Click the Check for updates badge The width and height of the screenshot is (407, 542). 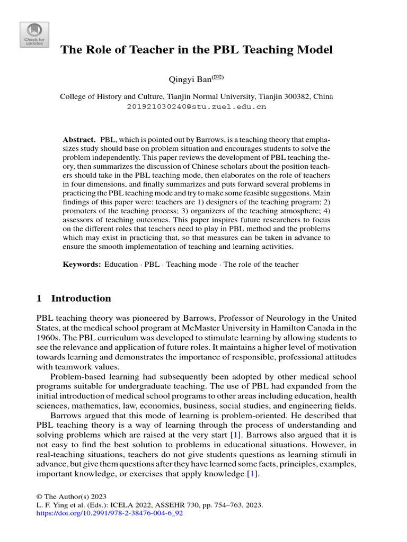[x=34, y=34]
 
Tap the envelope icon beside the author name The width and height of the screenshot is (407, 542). [x=218, y=78]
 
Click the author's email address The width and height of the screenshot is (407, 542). [x=196, y=106]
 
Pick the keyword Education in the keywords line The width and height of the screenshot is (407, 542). [x=121, y=264]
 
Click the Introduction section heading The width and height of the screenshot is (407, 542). [x=81, y=298]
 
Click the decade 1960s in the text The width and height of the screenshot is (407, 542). [x=48, y=338]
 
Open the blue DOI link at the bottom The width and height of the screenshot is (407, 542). [x=109, y=513]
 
